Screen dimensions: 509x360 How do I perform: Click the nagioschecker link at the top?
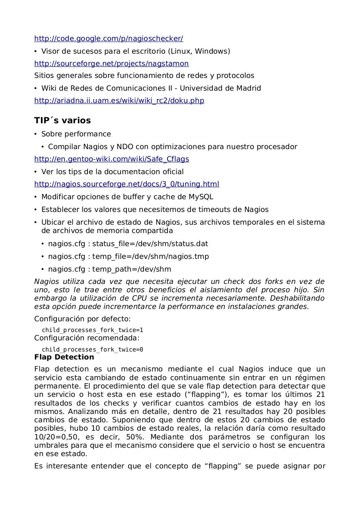click(x=109, y=39)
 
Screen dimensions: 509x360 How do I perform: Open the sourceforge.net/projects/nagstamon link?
click(x=111, y=64)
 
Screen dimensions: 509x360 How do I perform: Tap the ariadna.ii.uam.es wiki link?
click(x=119, y=101)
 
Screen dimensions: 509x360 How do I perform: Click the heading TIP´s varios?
click(x=62, y=120)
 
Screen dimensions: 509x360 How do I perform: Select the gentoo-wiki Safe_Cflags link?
click(x=111, y=159)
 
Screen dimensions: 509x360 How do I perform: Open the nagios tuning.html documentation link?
click(x=126, y=184)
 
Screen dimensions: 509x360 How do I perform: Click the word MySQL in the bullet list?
click(x=201, y=197)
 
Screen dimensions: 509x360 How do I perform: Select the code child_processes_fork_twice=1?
click(x=92, y=330)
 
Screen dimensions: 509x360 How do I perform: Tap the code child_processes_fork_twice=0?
click(x=92, y=350)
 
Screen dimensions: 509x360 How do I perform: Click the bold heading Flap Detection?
click(x=64, y=357)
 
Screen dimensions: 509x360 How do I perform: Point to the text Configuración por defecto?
click(x=82, y=319)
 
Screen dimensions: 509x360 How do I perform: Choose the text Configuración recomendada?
click(x=87, y=338)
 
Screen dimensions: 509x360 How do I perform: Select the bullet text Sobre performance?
click(x=76, y=134)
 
